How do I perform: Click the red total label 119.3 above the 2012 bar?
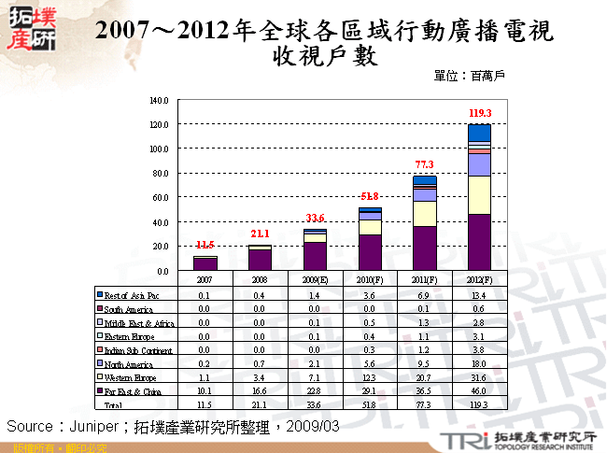tap(479, 113)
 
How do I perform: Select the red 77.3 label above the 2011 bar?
tap(425, 164)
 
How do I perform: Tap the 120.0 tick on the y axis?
tap(158, 124)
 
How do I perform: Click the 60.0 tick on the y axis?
tap(160, 198)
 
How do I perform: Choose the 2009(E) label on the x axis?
tap(315, 279)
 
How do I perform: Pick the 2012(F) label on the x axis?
tap(479, 279)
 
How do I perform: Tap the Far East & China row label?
tap(132, 390)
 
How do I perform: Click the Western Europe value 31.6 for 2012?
tap(479, 376)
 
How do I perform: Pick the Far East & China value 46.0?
tap(479, 390)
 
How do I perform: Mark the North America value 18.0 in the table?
tap(479, 362)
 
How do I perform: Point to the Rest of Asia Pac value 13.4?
tap(479, 295)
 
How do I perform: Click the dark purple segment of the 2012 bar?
tap(479, 242)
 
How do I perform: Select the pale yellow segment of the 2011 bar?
tap(425, 214)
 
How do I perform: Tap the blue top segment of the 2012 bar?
tap(479, 132)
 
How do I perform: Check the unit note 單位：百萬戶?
tap(470, 75)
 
